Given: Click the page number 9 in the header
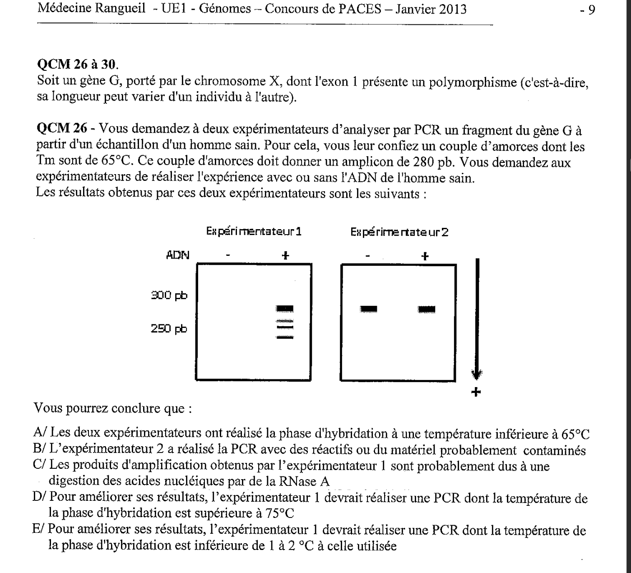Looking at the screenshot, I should pyautogui.click(x=591, y=9).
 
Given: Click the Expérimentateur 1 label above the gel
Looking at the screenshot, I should pyautogui.click(x=254, y=232).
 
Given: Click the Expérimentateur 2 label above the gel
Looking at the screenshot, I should pyautogui.click(x=399, y=232).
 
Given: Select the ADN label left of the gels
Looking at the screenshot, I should pyautogui.click(x=178, y=255).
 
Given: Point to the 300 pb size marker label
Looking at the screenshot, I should pyautogui.click(x=169, y=296).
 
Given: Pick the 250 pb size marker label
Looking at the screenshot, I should pyautogui.click(x=169, y=328).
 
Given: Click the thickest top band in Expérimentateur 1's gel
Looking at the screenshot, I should pyautogui.click(x=285, y=309).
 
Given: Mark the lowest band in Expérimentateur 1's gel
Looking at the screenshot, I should pyautogui.click(x=285, y=337).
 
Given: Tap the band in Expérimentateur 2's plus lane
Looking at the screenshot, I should pyautogui.click(x=427, y=309).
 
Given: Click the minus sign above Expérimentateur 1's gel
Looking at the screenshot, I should pyautogui.click(x=228, y=256).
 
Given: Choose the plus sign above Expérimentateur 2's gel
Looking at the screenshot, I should pyautogui.click(x=424, y=256).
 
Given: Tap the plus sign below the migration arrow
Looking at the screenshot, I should pyautogui.click(x=476, y=392).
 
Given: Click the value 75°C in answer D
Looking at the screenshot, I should pyautogui.click(x=278, y=513).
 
